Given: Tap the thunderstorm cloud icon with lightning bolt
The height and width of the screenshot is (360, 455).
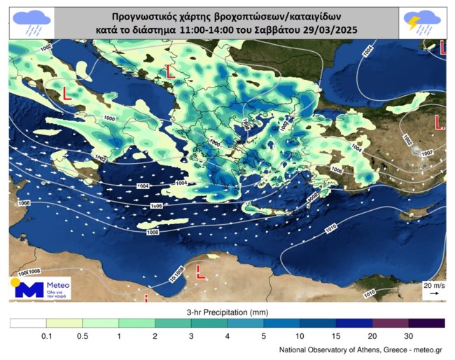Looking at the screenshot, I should coord(422,22).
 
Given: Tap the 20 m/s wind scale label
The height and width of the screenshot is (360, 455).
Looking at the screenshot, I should coord(433,285).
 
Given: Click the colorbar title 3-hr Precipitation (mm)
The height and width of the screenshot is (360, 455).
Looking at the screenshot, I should coord(227,310).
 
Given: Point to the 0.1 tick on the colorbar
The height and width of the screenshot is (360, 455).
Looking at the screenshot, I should coord(46,335).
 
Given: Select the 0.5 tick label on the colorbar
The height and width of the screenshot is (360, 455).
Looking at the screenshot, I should coord(83,335).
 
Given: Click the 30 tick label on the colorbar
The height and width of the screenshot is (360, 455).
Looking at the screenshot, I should coord(408,335).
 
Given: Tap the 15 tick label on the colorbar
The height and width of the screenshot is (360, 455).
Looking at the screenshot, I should coord(336,335).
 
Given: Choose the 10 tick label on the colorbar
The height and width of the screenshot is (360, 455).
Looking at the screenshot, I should coord(300,335).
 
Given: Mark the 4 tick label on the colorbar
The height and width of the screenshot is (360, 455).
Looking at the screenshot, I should coord(227,335).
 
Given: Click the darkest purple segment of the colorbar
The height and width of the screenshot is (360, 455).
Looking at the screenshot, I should coord(426,323).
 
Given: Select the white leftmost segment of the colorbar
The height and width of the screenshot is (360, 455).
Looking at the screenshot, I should coord(28,323).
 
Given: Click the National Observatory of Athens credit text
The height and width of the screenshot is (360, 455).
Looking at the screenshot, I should coord(360,349).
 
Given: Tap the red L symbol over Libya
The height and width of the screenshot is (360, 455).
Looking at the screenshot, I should coord(200,270).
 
